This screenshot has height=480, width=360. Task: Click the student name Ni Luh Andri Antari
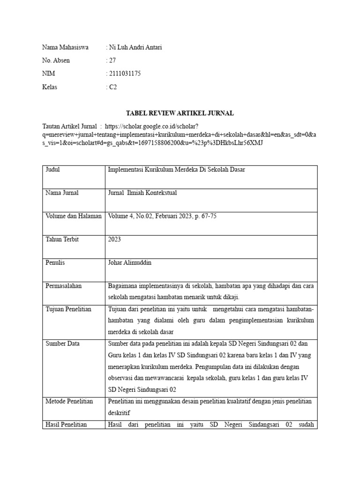[135, 47]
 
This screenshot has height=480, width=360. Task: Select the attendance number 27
[112, 60]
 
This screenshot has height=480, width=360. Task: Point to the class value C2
[113, 87]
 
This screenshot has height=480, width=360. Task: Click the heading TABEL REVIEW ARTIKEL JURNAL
[180, 113]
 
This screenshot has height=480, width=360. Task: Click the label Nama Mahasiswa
[65, 47]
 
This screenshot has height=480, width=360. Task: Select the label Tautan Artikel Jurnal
[69, 126]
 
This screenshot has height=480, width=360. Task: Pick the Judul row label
[52, 170]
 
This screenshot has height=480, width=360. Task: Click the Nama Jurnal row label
[62, 193]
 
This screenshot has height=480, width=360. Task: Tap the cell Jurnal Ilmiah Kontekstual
[142, 193]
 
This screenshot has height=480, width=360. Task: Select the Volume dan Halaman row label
[74, 216]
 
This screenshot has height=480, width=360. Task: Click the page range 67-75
[207, 216]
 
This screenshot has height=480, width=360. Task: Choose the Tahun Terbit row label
[62, 239]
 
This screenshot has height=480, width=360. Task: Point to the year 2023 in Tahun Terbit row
[114, 239]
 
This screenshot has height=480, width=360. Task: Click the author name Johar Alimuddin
[130, 262]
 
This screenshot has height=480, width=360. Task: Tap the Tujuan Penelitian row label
[68, 309]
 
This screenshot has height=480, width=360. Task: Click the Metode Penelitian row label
[69, 401]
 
